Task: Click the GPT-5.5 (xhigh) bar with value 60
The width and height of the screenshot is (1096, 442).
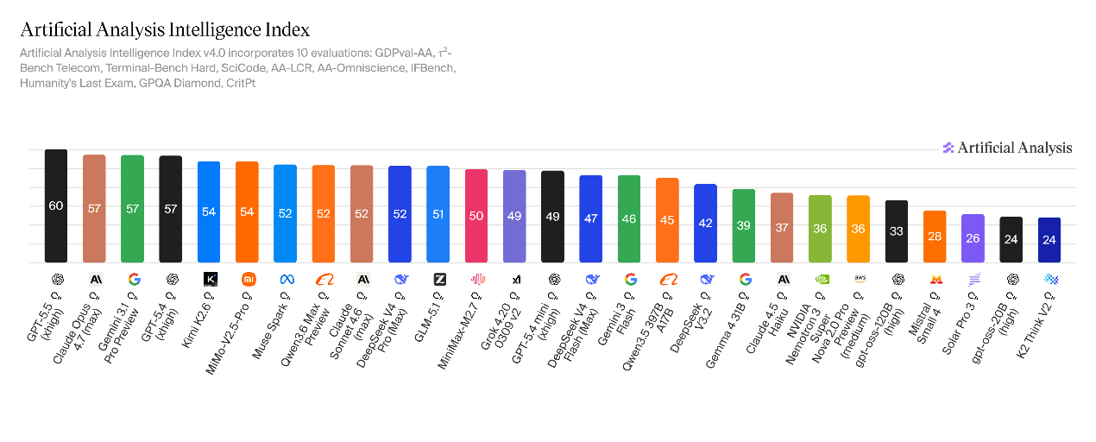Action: (56, 205)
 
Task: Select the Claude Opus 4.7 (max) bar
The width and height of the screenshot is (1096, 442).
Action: (94, 208)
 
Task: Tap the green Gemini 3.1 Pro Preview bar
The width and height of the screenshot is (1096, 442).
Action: (132, 208)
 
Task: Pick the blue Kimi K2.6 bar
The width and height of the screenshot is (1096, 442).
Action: (209, 212)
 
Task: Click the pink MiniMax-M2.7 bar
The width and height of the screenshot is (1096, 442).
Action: (476, 215)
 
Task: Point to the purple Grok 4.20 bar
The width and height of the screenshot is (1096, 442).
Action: (514, 216)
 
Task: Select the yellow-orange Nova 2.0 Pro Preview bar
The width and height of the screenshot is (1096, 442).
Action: (858, 229)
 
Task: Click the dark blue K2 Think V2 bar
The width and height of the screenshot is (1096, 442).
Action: (1049, 239)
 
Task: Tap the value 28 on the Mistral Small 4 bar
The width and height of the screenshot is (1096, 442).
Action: (935, 237)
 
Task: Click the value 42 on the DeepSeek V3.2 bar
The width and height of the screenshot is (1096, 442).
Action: (705, 223)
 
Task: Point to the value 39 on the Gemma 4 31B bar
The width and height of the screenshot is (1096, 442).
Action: (744, 225)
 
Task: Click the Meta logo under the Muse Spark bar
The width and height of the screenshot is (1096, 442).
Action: (285, 279)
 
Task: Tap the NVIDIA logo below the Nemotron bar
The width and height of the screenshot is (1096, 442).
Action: (820, 279)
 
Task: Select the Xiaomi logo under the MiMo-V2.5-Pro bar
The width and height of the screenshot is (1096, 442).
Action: (247, 279)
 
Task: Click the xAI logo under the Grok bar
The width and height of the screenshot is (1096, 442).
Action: (515, 279)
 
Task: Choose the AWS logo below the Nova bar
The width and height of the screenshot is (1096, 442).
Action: (859, 279)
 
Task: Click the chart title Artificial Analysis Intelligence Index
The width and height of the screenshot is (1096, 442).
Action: (164, 30)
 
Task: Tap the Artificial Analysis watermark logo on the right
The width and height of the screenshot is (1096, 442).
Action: (1007, 148)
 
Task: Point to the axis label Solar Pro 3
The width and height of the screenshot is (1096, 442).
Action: (961, 314)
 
